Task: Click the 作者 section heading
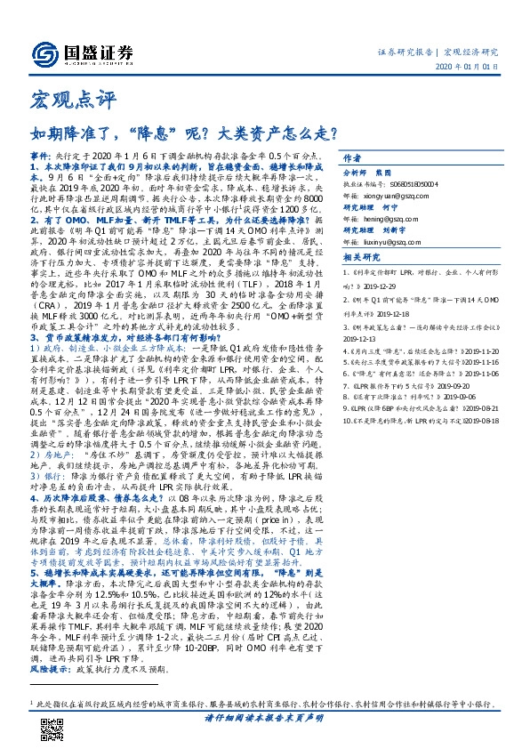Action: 353,153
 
